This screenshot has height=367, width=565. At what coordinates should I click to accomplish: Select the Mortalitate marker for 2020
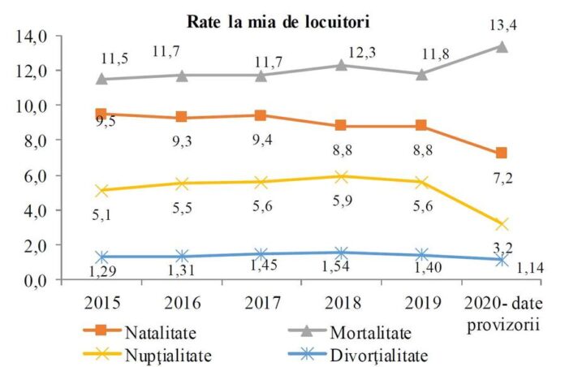pos(502,46)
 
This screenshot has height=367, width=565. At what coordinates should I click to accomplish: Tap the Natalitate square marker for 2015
pos(102,114)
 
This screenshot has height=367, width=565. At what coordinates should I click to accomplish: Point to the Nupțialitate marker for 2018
pos(342,176)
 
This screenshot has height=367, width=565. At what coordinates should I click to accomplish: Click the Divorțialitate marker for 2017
pos(261,254)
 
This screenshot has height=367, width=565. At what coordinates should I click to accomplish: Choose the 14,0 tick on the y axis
pos(31,37)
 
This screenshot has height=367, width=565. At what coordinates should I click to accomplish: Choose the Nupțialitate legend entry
pos(167,354)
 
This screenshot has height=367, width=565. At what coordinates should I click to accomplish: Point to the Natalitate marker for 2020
pos(502,153)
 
